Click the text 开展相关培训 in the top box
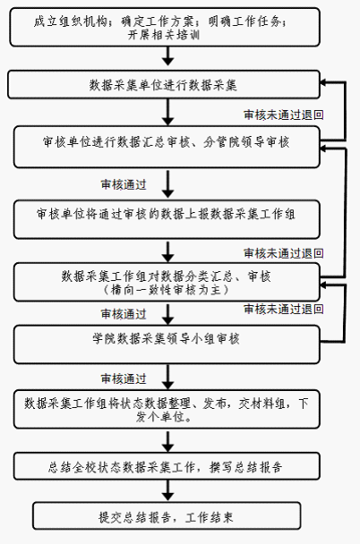[164, 35]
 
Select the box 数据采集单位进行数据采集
[164, 85]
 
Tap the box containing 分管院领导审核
[167, 147]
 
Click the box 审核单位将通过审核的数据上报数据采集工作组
[167, 219]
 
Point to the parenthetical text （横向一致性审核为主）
[166, 289]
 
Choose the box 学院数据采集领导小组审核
[167, 344]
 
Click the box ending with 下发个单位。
[167, 409]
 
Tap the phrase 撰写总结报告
[245, 467]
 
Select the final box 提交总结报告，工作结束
[167, 516]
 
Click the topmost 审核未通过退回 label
[284, 115]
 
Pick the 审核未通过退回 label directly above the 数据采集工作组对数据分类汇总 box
[284, 253]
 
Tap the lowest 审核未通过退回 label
[284, 309]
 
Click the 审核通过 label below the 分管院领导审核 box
[124, 184]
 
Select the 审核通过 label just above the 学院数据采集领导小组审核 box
[124, 314]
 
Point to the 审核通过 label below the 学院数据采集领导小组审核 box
[124, 378]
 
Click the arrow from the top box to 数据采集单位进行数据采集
[168, 55]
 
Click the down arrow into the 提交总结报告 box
[168, 491]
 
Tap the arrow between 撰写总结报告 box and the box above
[168, 441]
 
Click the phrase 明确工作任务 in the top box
[248, 21]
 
